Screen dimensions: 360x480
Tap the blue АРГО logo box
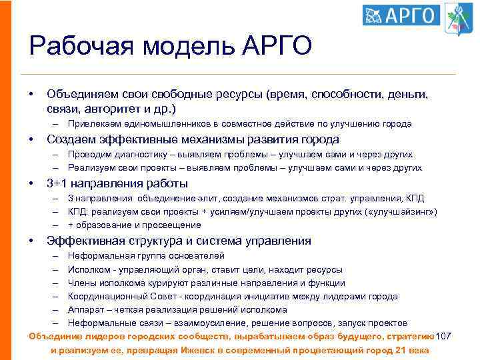401,15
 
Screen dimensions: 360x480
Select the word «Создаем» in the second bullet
69,139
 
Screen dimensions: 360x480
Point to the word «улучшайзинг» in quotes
403,212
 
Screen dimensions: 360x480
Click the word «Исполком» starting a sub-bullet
87,270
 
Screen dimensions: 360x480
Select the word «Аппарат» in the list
85,310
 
